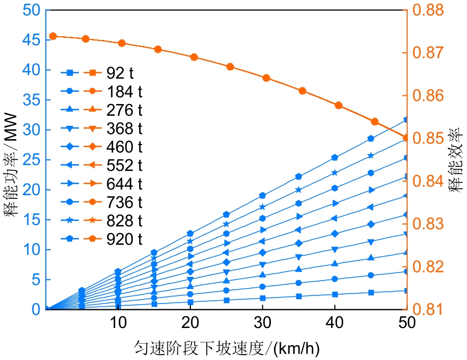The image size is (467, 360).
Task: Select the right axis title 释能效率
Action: pyautogui.click(x=455, y=160)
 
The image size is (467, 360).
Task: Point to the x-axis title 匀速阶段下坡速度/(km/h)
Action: pyautogui.click(x=227, y=349)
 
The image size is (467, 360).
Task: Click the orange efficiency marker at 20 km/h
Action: pyautogui.click(x=194, y=57)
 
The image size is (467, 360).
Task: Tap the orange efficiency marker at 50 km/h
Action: pyautogui.click(x=406, y=138)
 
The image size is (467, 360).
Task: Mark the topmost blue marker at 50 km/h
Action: pyautogui.click(x=406, y=119)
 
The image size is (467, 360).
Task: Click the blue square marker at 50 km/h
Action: pyautogui.click(x=406, y=291)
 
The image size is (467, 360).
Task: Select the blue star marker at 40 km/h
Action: pyautogui.click(x=335, y=172)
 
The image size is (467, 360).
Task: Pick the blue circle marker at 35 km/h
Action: pyautogui.click(x=299, y=283)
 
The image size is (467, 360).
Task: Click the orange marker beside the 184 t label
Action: pyautogui.click(x=92, y=91)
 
